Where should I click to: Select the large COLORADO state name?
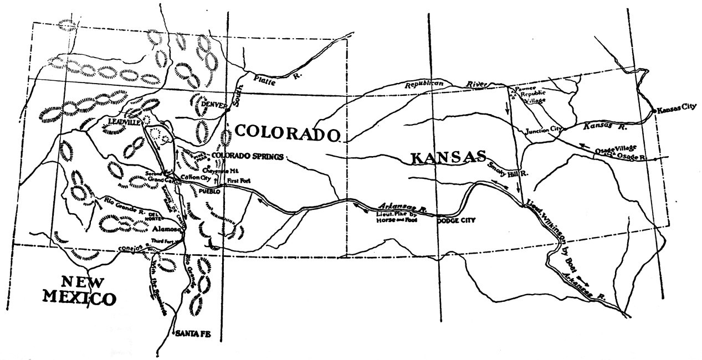pos(287,133)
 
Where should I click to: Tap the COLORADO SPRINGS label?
pos(247,156)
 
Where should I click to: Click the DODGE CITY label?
pos(456,220)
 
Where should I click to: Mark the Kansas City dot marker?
pos(655,111)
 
